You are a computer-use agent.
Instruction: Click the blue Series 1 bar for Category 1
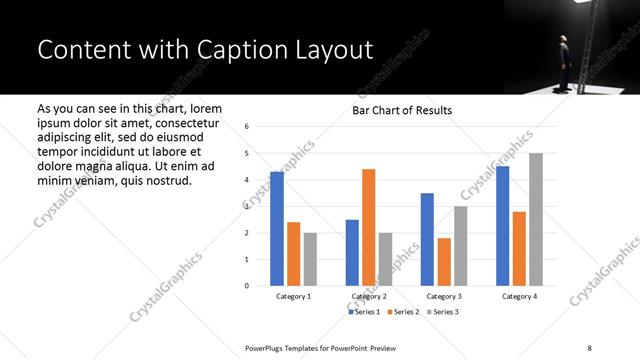coord(277,228)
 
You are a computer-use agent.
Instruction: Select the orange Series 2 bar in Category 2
coord(368,227)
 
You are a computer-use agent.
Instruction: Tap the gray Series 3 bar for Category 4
coord(536,219)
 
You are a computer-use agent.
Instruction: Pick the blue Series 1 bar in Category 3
coord(427,239)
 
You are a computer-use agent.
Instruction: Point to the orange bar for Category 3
coord(444,261)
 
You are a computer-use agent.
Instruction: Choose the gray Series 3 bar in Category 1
coord(310,258)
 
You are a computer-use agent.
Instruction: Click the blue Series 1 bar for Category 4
coord(502,225)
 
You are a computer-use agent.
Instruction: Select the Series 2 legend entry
coord(402,313)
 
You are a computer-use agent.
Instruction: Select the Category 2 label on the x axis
coord(368,297)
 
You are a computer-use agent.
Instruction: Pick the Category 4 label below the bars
coord(519,297)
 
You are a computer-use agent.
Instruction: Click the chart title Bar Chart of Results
coord(402,110)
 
